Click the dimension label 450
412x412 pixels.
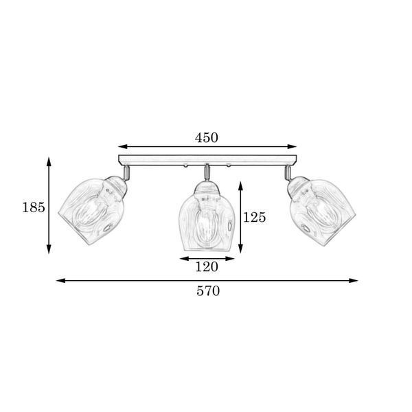(x=207, y=138)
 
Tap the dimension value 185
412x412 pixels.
(x=34, y=207)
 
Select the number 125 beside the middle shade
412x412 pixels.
(x=254, y=217)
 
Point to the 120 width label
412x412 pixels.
(x=207, y=267)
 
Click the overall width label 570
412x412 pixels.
(x=208, y=291)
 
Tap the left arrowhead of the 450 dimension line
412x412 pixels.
(x=123, y=147)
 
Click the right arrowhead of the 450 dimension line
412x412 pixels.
(x=292, y=147)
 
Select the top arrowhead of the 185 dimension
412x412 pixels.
(x=49, y=161)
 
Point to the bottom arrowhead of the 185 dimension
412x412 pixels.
(x=49, y=249)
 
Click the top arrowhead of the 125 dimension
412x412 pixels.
(x=240, y=186)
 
